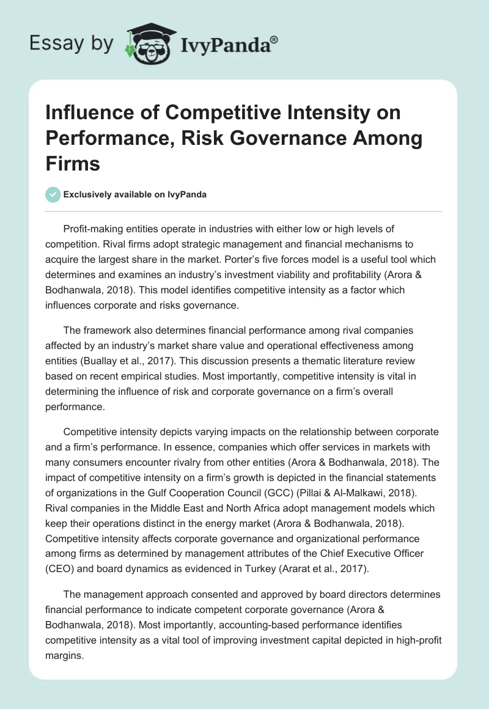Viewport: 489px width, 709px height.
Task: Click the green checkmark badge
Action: [53, 194]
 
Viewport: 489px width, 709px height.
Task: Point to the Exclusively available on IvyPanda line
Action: [134, 194]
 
